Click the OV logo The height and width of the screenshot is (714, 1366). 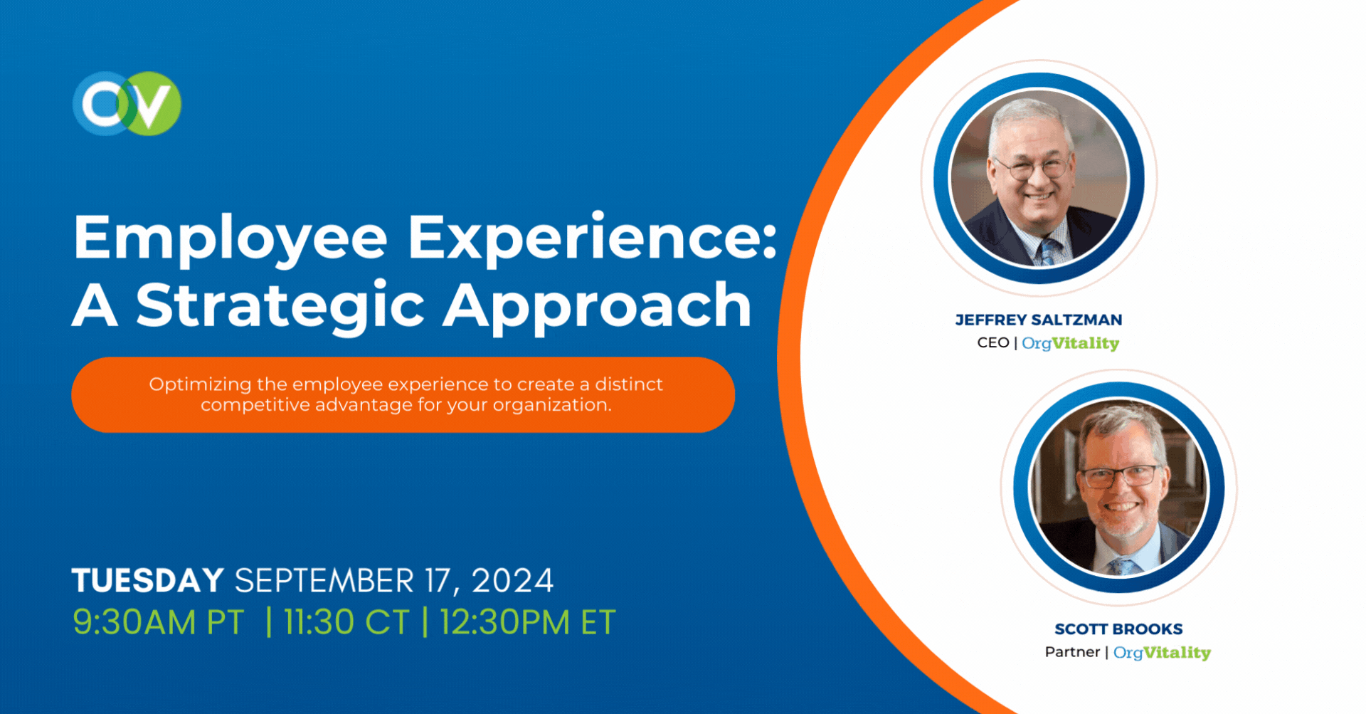(x=127, y=103)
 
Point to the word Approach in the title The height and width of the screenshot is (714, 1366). (x=598, y=307)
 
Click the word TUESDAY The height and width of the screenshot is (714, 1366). (x=148, y=580)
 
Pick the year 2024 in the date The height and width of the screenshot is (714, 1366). (x=512, y=580)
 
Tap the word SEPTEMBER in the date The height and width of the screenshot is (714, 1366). (x=324, y=580)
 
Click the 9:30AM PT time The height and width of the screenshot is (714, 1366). (x=159, y=622)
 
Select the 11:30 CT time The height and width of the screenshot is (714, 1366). (x=346, y=622)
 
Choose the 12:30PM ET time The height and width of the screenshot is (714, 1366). (x=527, y=622)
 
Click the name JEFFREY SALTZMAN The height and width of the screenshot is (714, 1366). (x=1039, y=320)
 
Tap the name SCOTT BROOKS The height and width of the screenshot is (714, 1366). (x=1118, y=629)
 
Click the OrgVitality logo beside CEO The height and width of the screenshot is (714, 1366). (x=1071, y=344)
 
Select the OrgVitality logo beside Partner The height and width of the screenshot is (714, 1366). (x=1162, y=653)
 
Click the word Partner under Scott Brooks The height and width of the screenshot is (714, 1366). (x=1072, y=652)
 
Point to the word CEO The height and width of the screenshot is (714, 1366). (x=993, y=342)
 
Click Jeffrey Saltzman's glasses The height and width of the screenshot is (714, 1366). (x=1033, y=168)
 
